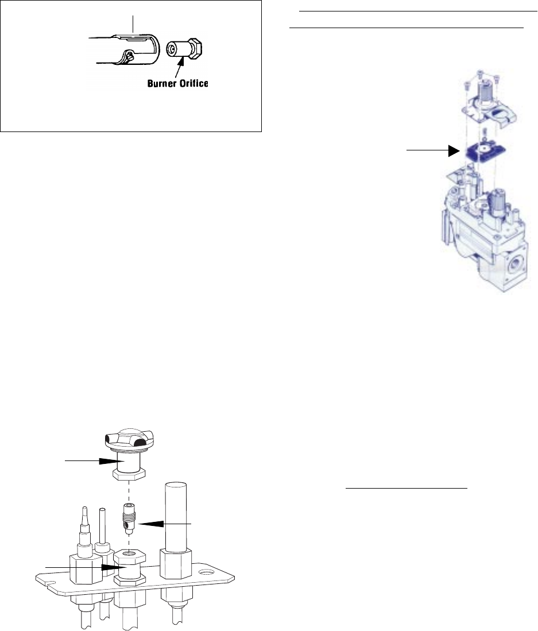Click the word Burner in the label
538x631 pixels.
click(x=162, y=83)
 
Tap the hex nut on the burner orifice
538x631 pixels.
click(x=198, y=48)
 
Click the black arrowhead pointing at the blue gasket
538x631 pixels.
click(x=455, y=150)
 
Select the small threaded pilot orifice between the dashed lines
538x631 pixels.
click(x=128, y=518)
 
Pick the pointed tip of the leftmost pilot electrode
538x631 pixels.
click(x=84, y=508)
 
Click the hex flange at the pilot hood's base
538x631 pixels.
click(x=129, y=475)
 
